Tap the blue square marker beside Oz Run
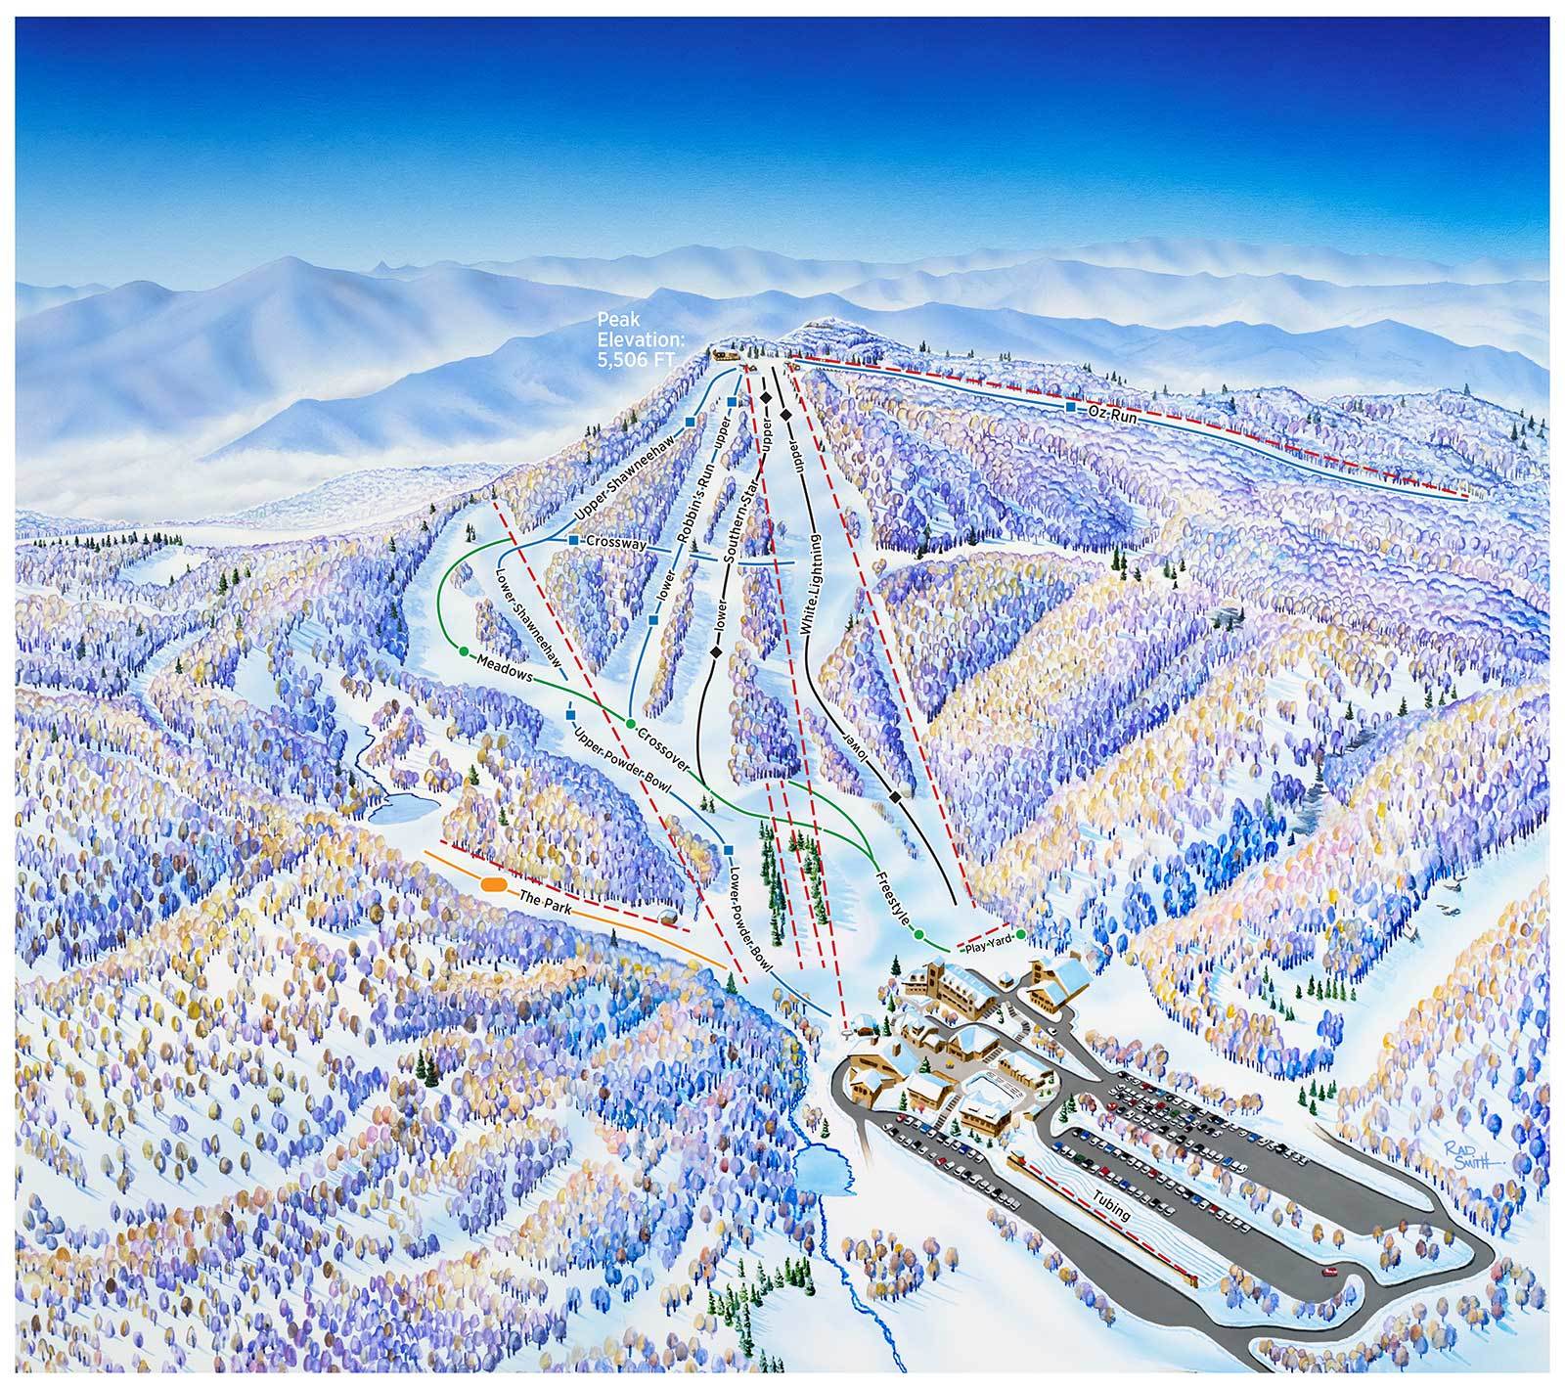pyautogui.click(x=1070, y=405)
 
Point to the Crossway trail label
pyautogui.click(x=614, y=543)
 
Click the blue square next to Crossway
pyautogui.click(x=572, y=539)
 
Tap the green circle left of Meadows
pyautogui.click(x=463, y=650)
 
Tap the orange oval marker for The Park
pyautogui.click(x=493, y=884)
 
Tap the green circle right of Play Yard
pyautogui.click(x=1020, y=935)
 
